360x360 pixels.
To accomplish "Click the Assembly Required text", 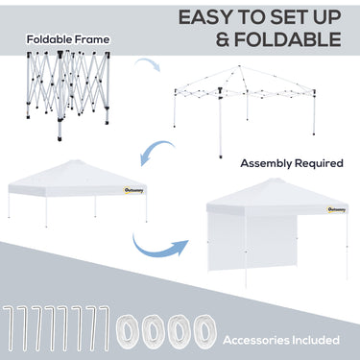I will (291, 163).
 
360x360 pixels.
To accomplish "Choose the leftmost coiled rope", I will (128, 332).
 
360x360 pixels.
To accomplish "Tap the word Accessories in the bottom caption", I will (258, 339).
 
